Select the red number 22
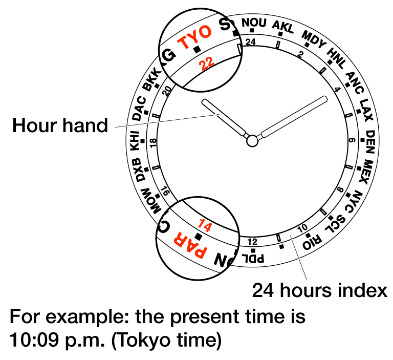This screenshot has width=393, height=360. [207, 63]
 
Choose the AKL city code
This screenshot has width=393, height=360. [283, 27]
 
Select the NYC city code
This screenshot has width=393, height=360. [356, 200]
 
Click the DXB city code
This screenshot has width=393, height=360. [142, 170]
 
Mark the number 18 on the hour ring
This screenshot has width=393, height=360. [153, 142]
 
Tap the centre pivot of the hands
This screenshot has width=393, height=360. [252, 140]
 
